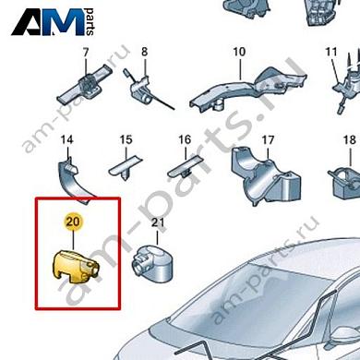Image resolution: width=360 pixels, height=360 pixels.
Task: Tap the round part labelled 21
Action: [x=150, y=259]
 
